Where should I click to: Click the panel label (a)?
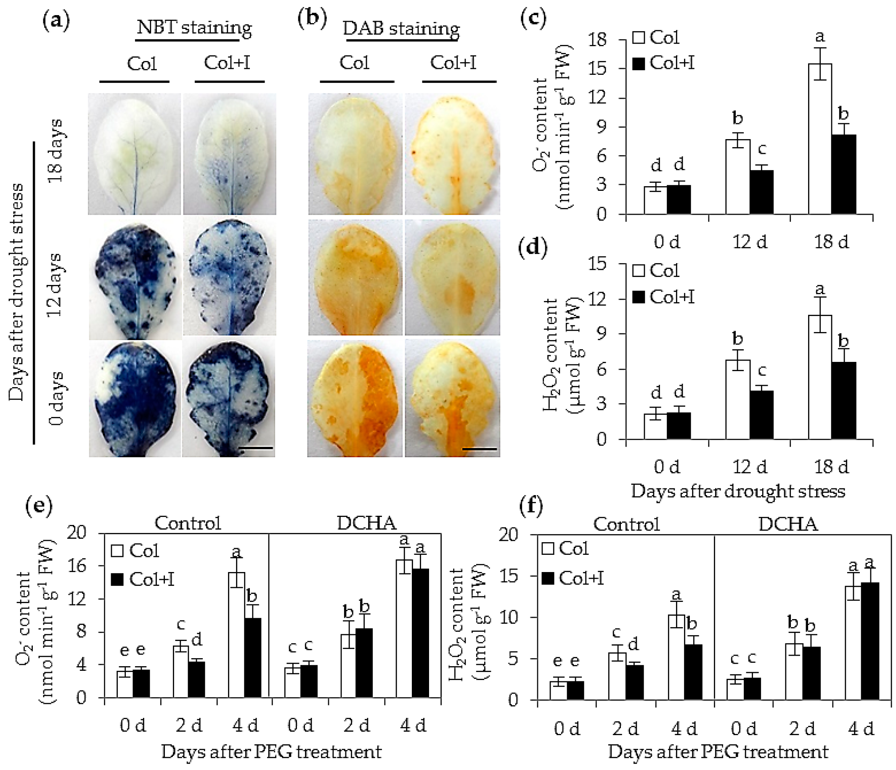pos(56,21)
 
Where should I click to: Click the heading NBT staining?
pos(194,28)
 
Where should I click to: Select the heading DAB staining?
pos(401,29)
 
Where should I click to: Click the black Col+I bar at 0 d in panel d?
pos(679,426)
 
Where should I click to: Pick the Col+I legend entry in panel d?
pos(664,297)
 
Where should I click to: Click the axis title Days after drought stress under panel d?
pos(738,491)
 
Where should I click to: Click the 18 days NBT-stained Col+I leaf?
pos(230,154)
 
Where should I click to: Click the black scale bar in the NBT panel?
pos(256,448)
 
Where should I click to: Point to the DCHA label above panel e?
pos(366,523)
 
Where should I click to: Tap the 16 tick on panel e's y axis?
pos(77,566)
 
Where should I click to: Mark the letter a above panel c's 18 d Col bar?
pos(820,37)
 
